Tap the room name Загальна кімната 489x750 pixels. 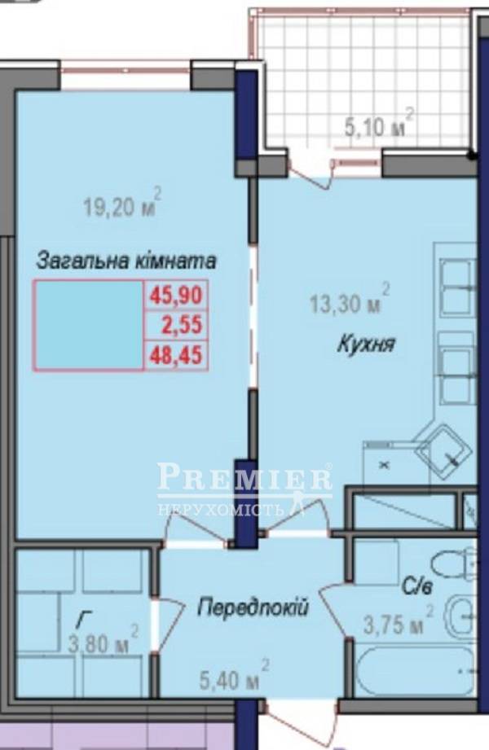126,261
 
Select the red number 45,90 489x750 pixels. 176,295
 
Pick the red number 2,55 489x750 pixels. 182,325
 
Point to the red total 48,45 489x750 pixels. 176,355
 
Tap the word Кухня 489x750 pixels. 367,344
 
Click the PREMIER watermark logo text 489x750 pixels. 244,476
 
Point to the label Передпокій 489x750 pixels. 253,608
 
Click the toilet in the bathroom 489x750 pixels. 453,564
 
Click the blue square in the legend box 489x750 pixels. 88,325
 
